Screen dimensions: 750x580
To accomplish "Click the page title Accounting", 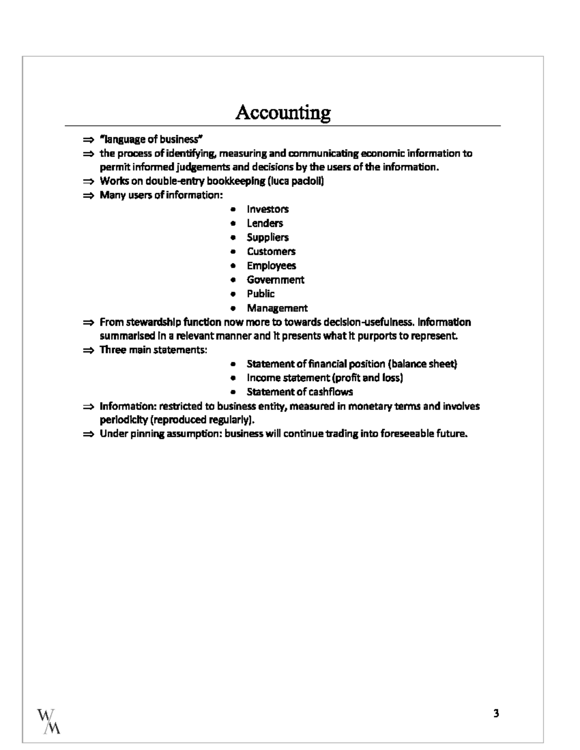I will coord(283,113).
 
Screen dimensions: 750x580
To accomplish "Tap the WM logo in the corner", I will coord(49,721).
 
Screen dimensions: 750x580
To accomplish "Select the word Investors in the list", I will coord(268,209).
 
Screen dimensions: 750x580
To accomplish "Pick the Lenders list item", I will coord(265,223).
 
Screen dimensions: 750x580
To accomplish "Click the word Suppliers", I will coord(268,237).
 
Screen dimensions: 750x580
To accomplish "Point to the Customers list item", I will coord(271,251).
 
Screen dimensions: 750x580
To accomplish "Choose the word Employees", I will coord(271,266).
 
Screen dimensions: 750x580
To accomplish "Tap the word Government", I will coord(275,280).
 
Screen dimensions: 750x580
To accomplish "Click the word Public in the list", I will coord(261,294).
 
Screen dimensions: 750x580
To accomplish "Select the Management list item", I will coord(277,308).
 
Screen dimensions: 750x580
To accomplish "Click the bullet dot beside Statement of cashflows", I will coord(233,392).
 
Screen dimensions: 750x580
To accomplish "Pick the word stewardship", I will coord(150,322).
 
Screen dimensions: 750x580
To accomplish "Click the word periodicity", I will coord(124,420).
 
